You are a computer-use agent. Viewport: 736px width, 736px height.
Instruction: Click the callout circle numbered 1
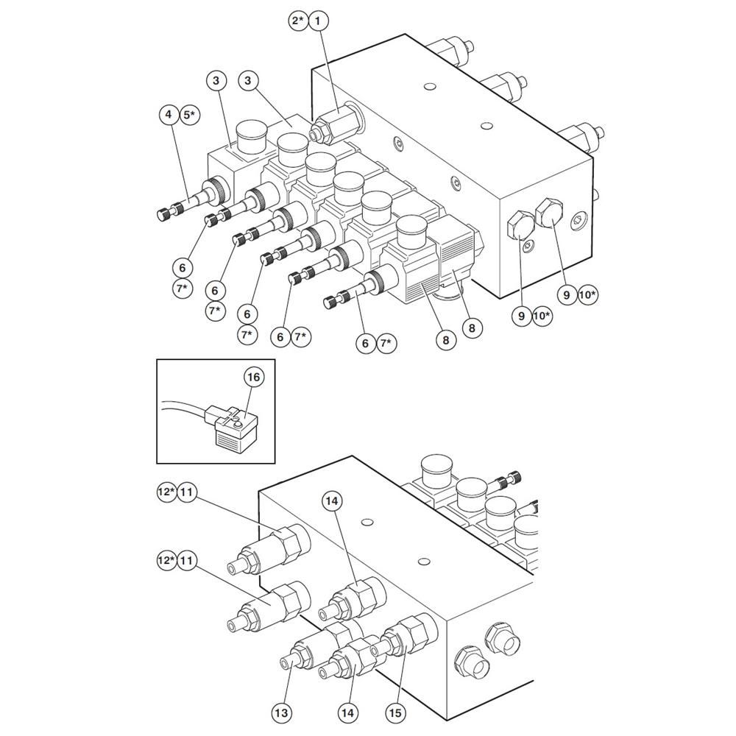(x=318, y=21)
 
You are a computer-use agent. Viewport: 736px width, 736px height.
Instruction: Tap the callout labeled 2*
(x=297, y=21)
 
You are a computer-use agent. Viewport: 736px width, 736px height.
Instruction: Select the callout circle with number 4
(x=169, y=115)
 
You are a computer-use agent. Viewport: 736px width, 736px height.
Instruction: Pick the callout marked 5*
(x=190, y=115)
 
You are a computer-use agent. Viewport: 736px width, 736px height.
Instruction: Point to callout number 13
(x=283, y=712)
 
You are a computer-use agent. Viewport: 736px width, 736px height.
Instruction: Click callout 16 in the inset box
(x=253, y=378)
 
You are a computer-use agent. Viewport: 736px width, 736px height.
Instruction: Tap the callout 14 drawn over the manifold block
(x=333, y=501)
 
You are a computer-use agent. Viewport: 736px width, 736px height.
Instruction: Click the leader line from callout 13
(x=286, y=684)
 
